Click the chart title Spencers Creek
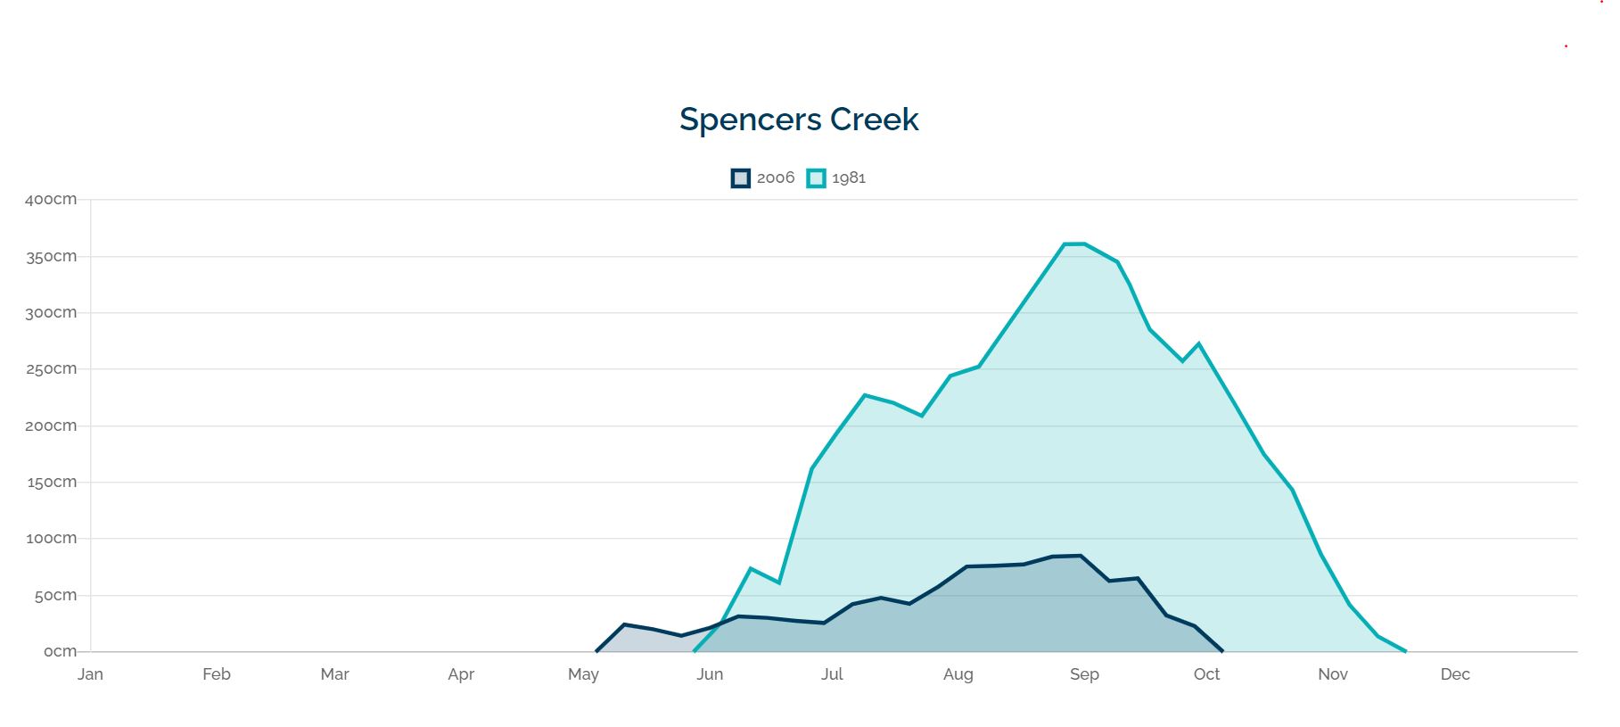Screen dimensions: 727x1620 click(799, 120)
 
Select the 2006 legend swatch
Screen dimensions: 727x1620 click(740, 178)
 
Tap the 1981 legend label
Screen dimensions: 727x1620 click(848, 178)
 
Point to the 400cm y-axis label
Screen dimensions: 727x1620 click(51, 200)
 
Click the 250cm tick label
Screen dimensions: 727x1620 click(51, 369)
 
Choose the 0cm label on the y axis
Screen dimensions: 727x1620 click(60, 652)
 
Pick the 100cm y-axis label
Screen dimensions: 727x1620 click(51, 539)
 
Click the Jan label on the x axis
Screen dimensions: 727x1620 click(90, 674)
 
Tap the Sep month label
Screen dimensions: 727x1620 click(1084, 674)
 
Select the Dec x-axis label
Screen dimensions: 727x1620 click(1454, 674)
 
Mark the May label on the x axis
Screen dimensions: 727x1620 click(583, 674)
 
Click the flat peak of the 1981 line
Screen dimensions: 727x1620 click(1073, 244)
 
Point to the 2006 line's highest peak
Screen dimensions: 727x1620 click(1081, 556)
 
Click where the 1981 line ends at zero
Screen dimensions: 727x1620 click(1405, 651)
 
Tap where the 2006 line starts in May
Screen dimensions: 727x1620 click(596, 651)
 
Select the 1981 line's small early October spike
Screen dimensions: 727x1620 click(1198, 343)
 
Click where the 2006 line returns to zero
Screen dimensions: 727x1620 click(1221, 651)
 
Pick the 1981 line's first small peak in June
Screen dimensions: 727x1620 click(751, 568)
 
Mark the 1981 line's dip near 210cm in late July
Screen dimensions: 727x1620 click(921, 416)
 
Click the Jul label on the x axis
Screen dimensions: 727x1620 click(832, 674)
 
